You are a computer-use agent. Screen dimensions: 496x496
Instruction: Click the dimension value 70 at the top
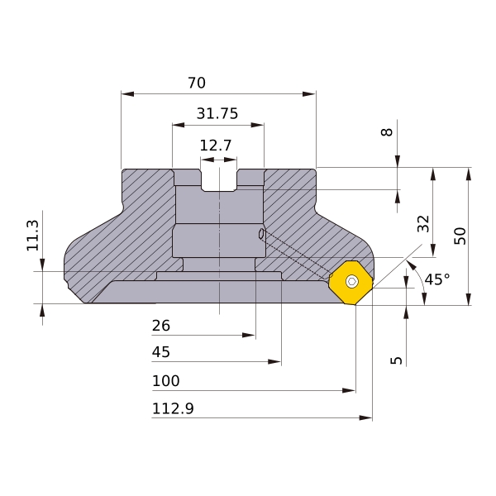(197, 83)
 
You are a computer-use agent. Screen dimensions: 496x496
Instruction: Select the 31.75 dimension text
(217, 113)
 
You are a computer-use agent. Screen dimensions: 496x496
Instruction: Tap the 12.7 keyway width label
(216, 145)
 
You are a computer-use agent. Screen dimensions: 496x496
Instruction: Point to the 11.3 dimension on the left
(32, 236)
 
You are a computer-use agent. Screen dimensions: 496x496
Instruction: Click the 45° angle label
(437, 279)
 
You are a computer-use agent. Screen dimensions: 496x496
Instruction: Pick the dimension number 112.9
(173, 408)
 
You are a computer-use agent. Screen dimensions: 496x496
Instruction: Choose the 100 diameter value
(166, 381)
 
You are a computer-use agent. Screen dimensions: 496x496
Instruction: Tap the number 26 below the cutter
(161, 326)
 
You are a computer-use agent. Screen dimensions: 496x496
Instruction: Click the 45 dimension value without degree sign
(161, 352)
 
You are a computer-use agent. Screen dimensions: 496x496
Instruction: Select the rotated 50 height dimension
(460, 236)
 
